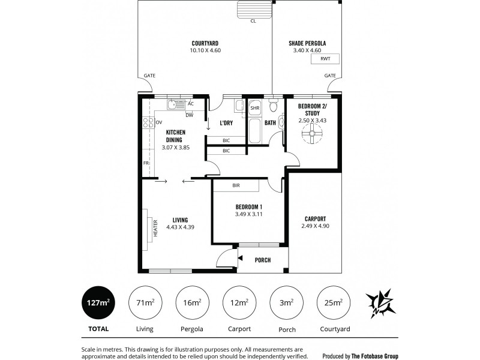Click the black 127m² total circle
[97, 302]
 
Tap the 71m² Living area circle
[144, 302]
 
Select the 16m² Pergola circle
[192, 302]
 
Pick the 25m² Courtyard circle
[334, 302]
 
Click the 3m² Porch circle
[286, 302]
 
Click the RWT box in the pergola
[325, 59]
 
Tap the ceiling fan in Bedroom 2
[311, 136]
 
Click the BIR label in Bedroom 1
[236, 186]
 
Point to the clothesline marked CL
[254, 10]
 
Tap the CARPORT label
[315, 218]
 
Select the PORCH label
[263, 260]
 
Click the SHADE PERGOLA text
[307, 43]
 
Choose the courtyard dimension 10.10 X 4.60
[205, 50]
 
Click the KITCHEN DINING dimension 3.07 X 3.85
[175, 146]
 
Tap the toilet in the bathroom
[273, 107]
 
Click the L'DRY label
[226, 123]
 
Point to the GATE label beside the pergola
[330, 76]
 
